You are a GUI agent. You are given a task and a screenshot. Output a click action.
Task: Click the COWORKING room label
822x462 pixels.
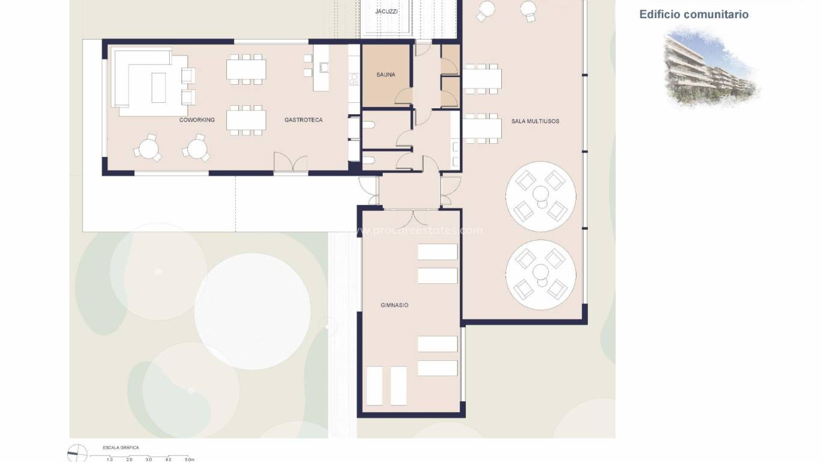tap(197, 120)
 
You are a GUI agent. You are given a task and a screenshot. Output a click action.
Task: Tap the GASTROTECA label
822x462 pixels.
tap(303, 120)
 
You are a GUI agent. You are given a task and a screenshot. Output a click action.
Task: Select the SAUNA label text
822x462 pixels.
tap(386, 75)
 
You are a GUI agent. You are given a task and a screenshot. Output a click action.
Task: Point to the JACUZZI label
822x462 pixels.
tap(386, 11)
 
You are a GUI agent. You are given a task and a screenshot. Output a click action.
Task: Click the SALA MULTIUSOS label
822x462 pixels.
tap(535, 122)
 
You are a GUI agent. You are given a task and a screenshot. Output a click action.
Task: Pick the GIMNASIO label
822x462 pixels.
tap(394, 306)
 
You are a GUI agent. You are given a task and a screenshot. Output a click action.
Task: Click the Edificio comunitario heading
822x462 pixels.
tap(694, 14)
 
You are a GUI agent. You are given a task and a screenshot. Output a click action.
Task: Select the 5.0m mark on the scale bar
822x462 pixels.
tap(189, 459)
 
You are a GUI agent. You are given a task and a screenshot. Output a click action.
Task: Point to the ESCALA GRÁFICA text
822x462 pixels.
tap(121, 448)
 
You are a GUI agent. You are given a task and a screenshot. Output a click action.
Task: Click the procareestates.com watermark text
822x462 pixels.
tap(421, 230)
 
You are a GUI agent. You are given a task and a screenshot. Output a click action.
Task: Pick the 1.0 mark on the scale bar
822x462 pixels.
tap(110, 459)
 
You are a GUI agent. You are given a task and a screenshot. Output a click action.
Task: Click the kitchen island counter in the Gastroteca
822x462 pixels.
tap(321, 68)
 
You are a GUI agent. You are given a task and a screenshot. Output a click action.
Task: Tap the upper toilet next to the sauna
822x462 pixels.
tap(369, 126)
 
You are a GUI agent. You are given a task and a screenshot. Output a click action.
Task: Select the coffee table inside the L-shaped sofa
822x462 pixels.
tap(159, 87)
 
